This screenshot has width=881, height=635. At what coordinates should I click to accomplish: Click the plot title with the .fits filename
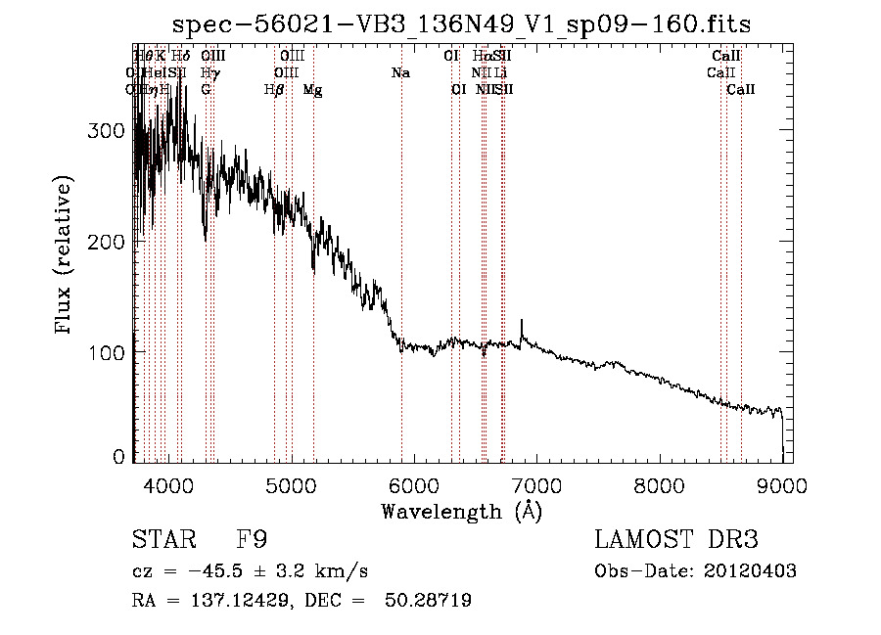[x=462, y=25]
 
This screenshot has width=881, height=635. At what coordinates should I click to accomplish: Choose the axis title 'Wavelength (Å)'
[x=461, y=511]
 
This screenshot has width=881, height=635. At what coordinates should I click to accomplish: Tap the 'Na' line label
[x=400, y=73]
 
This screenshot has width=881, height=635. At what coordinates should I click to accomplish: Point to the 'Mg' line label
[x=313, y=90]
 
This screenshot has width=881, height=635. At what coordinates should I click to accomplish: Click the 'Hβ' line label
[x=274, y=90]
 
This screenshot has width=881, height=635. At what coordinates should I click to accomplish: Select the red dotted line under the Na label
[x=401, y=245]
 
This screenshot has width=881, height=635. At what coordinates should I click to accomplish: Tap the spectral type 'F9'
[x=253, y=540]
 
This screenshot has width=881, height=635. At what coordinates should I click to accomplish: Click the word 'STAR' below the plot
[x=161, y=540]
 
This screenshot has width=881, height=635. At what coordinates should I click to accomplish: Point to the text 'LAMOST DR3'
[x=675, y=540]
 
